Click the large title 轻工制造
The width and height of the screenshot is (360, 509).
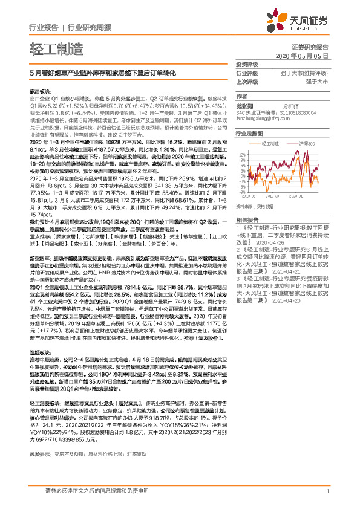[56, 49]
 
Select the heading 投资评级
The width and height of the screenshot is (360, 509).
[246, 64]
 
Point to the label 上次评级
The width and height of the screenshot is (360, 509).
[246, 80]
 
